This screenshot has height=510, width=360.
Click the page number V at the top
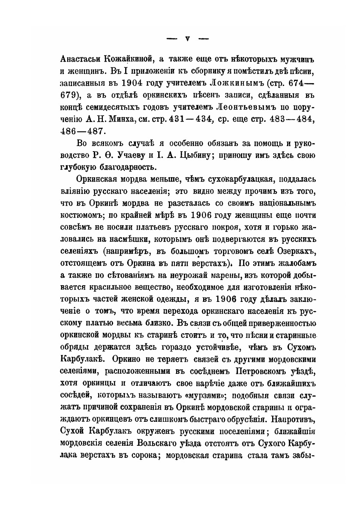[x=187, y=39]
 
